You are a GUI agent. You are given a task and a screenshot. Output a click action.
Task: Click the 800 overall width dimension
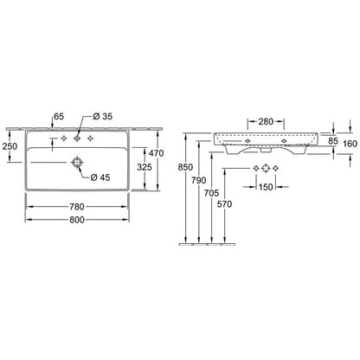click(77, 220)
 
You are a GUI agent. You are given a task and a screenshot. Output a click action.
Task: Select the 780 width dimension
click(77, 207)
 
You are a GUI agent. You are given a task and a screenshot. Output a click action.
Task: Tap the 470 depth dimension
click(156, 153)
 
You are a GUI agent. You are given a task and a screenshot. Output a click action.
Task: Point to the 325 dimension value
click(145, 167)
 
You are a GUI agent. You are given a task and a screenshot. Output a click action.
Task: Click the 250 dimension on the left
click(10, 146)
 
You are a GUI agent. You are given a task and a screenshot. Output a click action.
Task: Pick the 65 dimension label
click(59, 117)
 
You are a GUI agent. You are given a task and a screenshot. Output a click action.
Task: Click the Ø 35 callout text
click(103, 117)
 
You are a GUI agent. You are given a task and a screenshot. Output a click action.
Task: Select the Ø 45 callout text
click(100, 177)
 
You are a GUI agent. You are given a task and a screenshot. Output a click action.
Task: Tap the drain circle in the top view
click(77, 163)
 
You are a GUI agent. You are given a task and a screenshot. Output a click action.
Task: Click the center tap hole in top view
click(77, 138)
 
